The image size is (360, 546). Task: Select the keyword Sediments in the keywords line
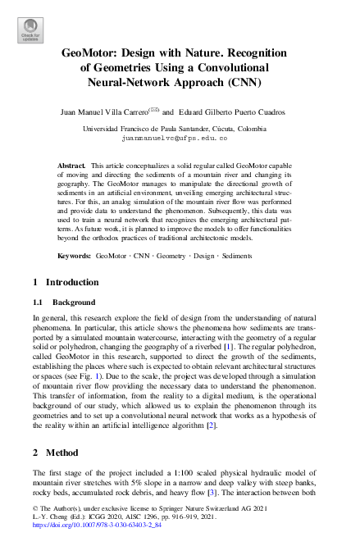237,257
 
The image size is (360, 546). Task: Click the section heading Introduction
62,283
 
